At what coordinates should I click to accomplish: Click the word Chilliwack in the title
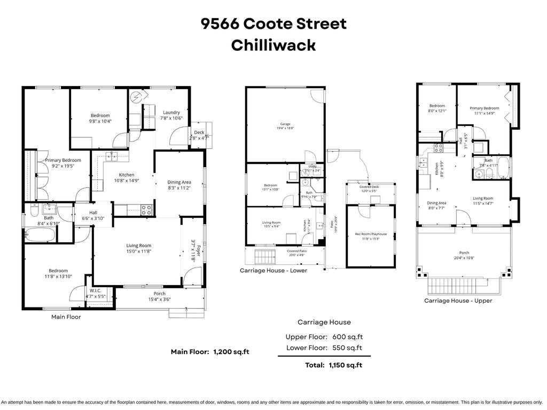273,45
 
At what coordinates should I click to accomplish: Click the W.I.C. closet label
96,291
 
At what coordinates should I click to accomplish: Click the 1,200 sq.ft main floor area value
231,352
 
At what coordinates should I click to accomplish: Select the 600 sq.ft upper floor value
347,337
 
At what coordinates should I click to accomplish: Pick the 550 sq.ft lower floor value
347,348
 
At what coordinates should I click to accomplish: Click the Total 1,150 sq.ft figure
343,365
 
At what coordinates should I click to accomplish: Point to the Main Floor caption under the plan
66,317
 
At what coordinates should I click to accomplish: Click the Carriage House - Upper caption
458,301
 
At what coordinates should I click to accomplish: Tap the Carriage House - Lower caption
273,271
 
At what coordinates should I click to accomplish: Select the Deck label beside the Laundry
199,132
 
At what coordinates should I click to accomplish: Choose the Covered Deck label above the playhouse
369,187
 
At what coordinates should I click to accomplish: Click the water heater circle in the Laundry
138,98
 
